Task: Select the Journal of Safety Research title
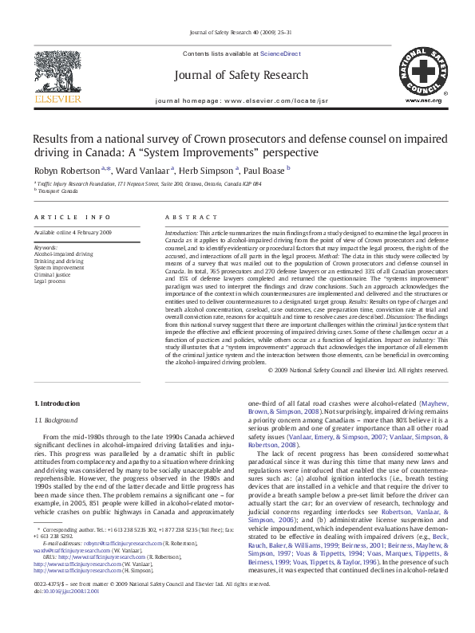click(x=240, y=76)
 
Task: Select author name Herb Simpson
click(x=208, y=170)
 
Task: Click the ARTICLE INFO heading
click(x=61, y=217)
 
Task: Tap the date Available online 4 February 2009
click(x=73, y=232)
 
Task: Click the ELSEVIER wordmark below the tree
click(x=57, y=99)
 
